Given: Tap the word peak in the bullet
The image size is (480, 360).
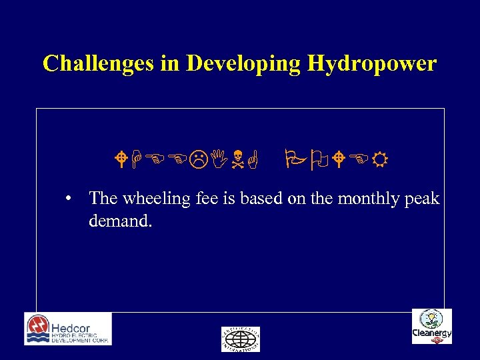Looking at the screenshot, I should pyautogui.click(x=422, y=199).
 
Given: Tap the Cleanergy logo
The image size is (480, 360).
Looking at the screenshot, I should pyautogui.click(x=431, y=326).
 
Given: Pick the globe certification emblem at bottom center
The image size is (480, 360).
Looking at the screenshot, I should pyautogui.click(x=240, y=339).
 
